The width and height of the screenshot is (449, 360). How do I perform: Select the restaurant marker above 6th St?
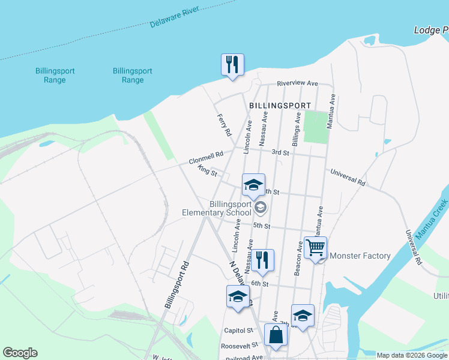coord(262,260)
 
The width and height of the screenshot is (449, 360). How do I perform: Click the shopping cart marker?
coord(315,247)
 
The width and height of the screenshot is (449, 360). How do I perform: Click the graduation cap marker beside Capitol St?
coord(238,296)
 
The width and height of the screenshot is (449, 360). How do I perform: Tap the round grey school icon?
coord(261,208)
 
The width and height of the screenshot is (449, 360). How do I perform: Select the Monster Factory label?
coord(360,256)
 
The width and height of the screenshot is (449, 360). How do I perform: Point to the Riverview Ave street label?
coord(297,83)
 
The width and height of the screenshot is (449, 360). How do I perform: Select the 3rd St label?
coord(280,152)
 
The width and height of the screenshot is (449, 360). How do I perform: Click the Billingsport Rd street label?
coord(177,285)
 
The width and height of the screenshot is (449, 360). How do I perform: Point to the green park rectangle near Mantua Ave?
coord(316,126)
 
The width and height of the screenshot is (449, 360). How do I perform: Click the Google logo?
coord(20,353)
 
